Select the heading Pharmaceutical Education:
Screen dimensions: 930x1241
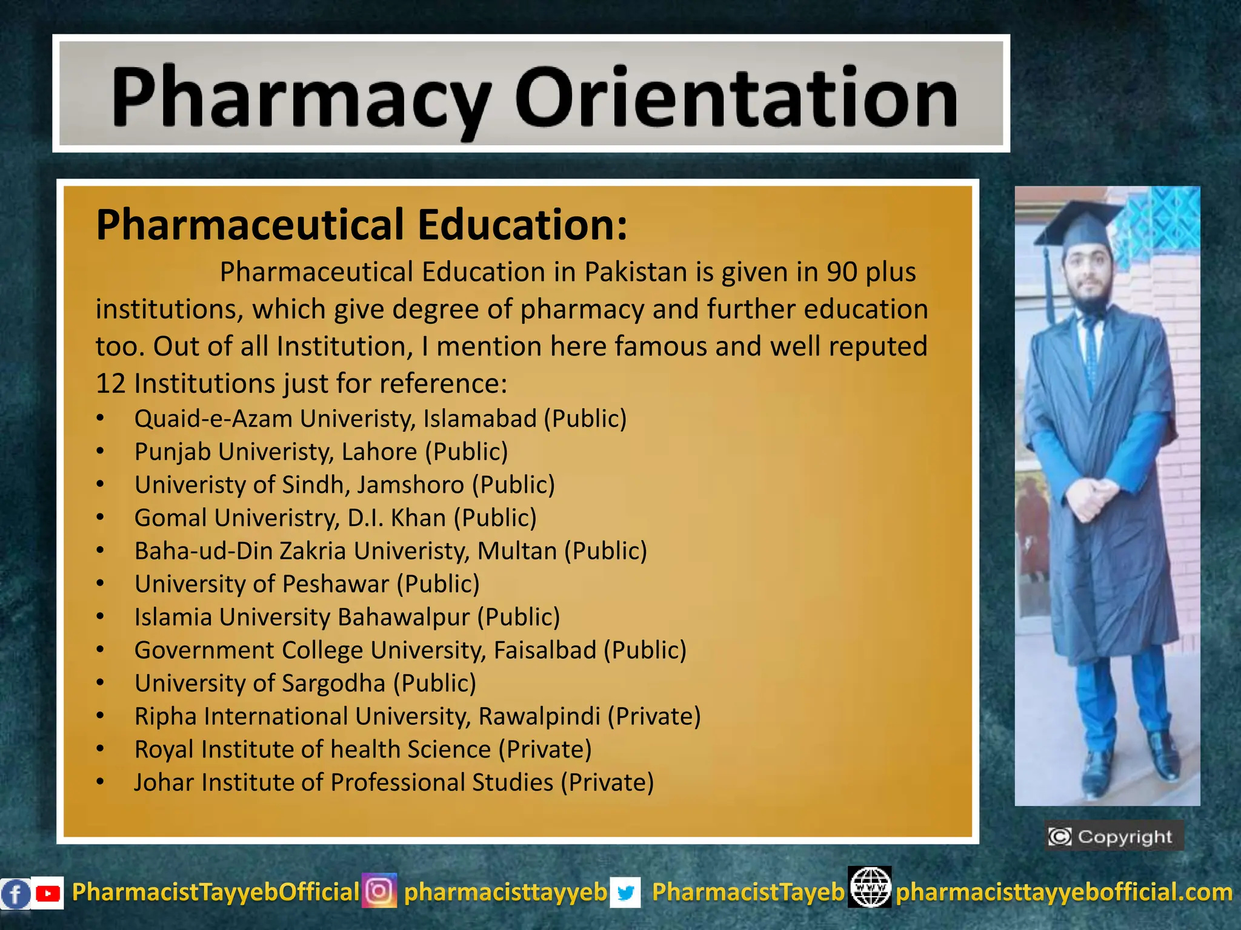coord(362,225)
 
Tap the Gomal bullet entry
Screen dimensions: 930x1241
coord(335,518)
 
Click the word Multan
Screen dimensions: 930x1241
coord(517,551)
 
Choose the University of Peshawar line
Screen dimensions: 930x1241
coord(307,584)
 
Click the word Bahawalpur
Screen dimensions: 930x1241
coord(404,617)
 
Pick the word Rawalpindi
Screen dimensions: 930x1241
coord(539,716)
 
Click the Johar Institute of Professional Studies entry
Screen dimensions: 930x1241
coord(394,782)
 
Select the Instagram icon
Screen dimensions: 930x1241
coord(379,891)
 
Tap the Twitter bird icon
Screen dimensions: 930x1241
coord(625,893)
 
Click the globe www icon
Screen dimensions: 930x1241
coord(870,887)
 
